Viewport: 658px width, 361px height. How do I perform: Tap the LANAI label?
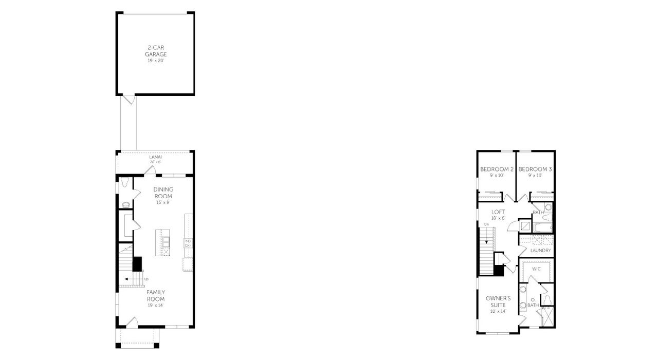pos(155,157)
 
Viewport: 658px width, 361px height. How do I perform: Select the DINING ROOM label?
pos(163,193)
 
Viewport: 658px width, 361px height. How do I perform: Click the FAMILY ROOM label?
pos(155,295)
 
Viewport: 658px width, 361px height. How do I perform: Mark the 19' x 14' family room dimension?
pos(155,305)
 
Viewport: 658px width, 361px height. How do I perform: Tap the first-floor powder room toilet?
pos(124,182)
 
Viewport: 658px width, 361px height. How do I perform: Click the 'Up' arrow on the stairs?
pos(126,279)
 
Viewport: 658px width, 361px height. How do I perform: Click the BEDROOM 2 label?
pos(497,169)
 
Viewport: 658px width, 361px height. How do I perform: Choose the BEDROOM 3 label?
pos(535,169)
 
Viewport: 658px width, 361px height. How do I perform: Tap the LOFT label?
pos(498,212)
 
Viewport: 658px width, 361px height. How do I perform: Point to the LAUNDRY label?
pos(540,251)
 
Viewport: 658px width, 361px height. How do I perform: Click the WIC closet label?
pos(536,269)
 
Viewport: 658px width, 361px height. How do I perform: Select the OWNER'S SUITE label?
pos(498,301)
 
